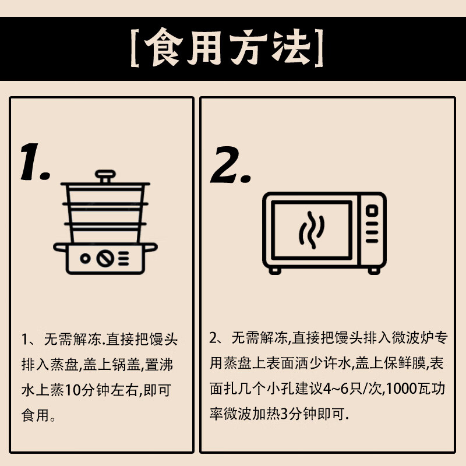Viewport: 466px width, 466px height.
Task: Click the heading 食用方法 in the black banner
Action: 227,47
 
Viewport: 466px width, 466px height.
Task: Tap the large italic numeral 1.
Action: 34,162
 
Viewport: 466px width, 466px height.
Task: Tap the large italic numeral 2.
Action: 231,164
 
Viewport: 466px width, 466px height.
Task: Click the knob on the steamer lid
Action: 105,176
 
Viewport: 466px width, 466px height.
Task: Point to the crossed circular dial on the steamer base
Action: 105,258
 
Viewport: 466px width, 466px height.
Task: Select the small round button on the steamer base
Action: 85,258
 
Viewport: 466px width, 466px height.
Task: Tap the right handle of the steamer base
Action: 150,247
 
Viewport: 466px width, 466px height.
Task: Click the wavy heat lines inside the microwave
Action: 311,230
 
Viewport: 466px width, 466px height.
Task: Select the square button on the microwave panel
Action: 372,211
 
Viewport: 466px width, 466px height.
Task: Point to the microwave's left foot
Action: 275,270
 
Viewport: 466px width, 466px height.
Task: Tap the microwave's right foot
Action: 374,270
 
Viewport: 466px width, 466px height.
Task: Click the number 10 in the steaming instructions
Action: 72,390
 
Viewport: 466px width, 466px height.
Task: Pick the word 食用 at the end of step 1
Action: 35,415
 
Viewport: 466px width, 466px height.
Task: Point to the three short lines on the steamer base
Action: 123,258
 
